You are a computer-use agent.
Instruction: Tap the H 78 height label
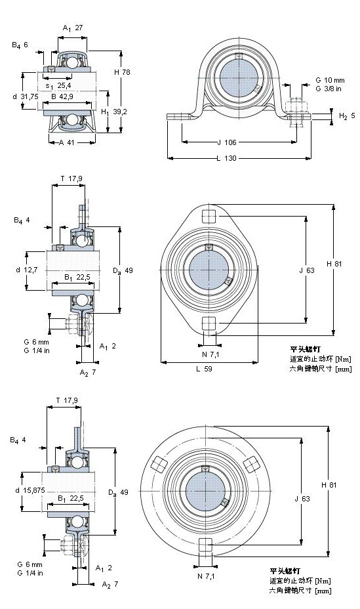122,72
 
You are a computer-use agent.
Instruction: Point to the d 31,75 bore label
26,96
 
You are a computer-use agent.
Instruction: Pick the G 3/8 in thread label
328,89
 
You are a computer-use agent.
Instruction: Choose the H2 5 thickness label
347,115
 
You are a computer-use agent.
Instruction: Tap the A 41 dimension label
66,142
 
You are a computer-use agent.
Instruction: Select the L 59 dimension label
204,369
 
